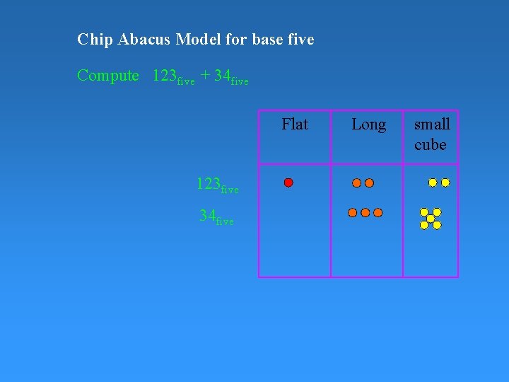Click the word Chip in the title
(91, 40)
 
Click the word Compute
(108, 76)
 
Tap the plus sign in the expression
(204, 76)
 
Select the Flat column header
(294, 125)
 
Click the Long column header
(368, 125)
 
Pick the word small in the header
(431, 125)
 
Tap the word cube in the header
(430, 144)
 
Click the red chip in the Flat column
(288, 183)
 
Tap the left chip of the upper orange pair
(357, 183)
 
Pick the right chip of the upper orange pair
(369, 183)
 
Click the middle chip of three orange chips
(365, 212)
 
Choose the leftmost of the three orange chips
(353, 212)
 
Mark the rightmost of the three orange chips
(378, 212)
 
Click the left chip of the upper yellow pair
(433, 183)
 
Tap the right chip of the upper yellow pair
(445, 183)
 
